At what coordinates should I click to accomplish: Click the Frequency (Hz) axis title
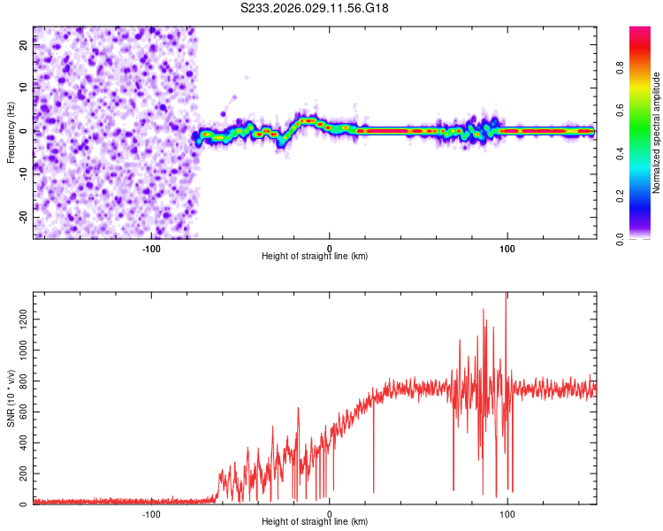click(11, 132)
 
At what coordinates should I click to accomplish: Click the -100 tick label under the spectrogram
click(151, 248)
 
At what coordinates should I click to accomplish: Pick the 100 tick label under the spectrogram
click(507, 248)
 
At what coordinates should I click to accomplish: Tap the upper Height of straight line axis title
click(315, 257)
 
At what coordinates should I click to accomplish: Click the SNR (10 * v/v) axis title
click(11, 397)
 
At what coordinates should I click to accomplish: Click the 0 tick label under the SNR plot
click(330, 514)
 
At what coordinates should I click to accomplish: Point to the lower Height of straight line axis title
click(315, 523)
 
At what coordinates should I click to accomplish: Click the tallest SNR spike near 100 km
click(506, 296)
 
